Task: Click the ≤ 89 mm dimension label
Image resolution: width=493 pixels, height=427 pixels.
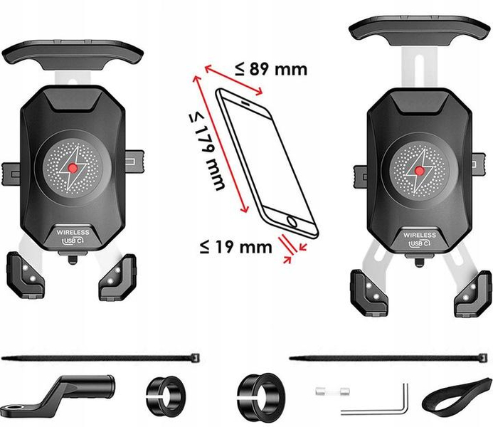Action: (271, 68)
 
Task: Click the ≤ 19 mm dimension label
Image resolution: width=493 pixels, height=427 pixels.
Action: (235, 248)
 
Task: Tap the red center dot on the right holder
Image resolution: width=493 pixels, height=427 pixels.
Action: (420, 171)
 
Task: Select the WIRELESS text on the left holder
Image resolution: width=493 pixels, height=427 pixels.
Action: (74, 233)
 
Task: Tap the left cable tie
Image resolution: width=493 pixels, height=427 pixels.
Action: (100, 355)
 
